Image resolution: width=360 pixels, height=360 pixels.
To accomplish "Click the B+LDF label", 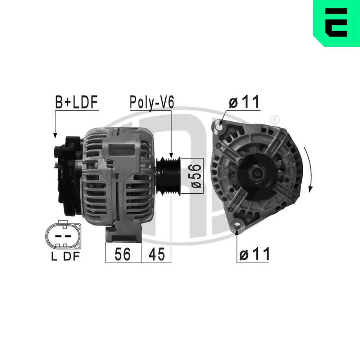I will click(76, 102).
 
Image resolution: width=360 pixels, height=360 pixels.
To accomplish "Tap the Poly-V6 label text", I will click(152, 103).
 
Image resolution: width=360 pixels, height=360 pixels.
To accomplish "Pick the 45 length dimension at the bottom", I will click(156, 254).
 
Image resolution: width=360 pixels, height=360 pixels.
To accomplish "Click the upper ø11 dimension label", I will click(244, 102).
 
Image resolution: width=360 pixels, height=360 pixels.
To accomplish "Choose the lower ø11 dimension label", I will click(254, 255).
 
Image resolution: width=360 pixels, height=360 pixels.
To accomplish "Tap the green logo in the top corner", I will click(337, 23).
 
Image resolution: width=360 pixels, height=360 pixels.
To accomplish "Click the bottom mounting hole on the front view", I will click(237, 225).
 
